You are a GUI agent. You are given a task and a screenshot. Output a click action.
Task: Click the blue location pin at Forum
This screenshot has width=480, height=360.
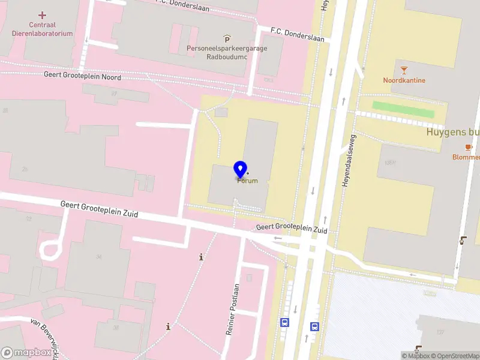coord(241,169)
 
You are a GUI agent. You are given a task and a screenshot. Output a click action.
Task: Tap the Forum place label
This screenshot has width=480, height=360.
coord(248,181)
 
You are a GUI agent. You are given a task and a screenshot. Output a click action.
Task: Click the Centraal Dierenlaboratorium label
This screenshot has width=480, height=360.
coord(42,29)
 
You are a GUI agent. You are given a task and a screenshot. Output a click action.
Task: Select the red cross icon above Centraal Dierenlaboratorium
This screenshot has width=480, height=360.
coord(42,14)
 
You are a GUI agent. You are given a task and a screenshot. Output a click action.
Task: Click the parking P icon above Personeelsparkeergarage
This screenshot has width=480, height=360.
coord(227,39)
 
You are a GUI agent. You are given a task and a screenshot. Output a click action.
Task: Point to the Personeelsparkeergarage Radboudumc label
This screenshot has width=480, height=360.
coord(227,52)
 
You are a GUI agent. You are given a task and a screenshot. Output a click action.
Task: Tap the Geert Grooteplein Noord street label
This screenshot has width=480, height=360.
coord(82,76)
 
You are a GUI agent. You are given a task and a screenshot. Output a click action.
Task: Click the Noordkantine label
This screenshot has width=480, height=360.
coord(404,80)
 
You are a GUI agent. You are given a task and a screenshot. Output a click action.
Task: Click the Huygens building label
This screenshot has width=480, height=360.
coord(453,132)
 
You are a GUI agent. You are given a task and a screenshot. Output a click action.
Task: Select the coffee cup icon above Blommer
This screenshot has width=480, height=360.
coord(469,147)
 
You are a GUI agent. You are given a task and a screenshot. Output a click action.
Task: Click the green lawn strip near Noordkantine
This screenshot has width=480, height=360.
coord(403,109)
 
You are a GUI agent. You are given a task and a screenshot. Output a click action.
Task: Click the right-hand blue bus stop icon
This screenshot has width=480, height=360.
coord(314,326)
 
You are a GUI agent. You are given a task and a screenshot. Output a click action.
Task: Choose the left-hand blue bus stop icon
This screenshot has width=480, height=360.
coord(284,322)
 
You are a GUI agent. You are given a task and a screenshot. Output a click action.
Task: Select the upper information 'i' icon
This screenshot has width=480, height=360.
coord(201,257)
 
